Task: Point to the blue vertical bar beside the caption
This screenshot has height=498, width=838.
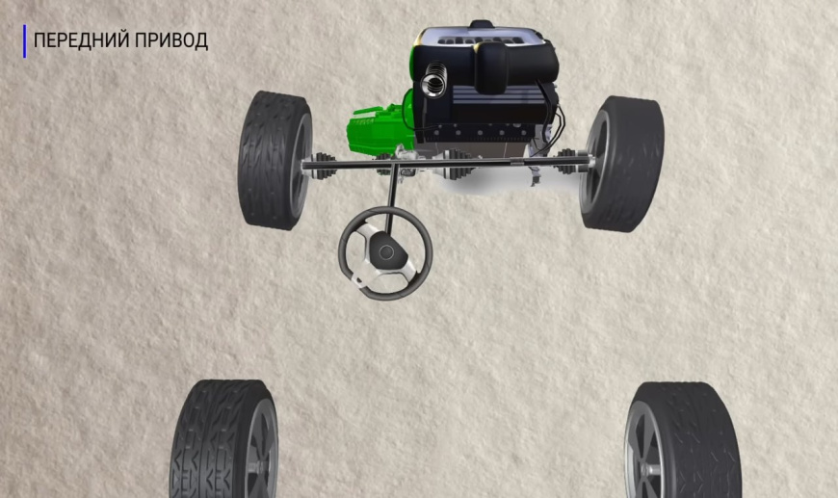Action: (x=25, y=41)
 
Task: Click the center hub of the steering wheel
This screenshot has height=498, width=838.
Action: (x=386, y=252)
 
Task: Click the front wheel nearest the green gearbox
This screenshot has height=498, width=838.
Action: (x=275, y=160)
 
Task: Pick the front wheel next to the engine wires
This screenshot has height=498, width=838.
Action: (x=622, y=164)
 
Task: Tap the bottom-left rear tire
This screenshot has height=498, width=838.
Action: (x=224, y=439)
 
